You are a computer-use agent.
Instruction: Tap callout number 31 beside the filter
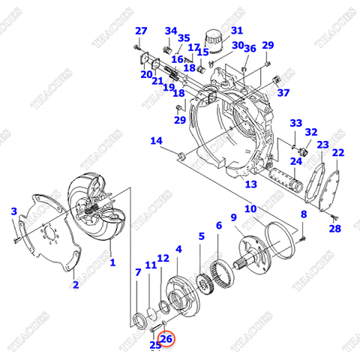coord(237,31)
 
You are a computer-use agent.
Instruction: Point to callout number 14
coord(156,141)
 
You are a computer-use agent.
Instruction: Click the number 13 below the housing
coord(251,184)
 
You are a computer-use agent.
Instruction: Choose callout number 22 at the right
coord(339,153)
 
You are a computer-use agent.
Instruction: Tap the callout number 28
coord(334,229)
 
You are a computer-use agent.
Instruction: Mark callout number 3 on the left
coord(13,212)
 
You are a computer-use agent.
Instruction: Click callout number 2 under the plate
coord(74,285)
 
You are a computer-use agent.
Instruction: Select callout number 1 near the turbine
coord(112,262)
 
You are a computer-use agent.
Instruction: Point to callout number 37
coord(283,93)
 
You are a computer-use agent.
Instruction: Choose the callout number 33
coord(295,123)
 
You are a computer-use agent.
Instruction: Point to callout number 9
coord(234,217)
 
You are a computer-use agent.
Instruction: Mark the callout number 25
coord(155,345)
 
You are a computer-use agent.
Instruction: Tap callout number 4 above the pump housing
coord(178,249)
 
